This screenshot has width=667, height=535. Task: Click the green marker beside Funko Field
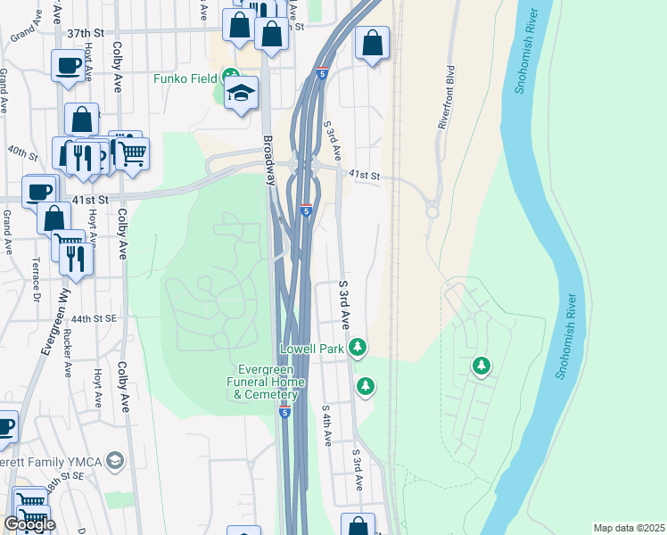coord(231,78)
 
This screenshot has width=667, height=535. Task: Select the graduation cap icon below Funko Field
coord(241,94)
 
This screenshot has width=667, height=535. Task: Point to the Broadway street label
coord(268,160)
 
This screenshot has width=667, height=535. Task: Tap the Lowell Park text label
coord(312,349)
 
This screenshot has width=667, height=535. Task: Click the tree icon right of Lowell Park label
coord(358,346)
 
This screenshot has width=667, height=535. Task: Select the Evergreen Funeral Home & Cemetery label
coord(271,382)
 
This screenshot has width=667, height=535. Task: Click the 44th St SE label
coord(95,318)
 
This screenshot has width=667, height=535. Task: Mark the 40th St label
coord(21,152)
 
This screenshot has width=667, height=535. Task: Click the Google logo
coord(29,524)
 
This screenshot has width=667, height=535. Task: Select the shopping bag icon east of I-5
coord(372,43)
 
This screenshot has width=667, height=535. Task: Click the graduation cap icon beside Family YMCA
coord(114,460)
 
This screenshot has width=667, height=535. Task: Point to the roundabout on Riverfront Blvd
coord(433,211)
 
